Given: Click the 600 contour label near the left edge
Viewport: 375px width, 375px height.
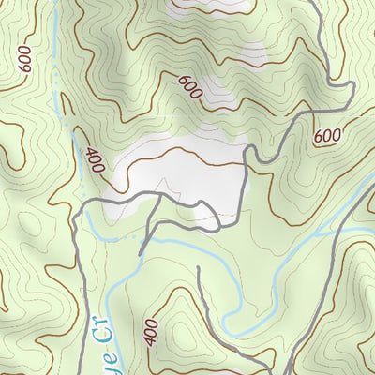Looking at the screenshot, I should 22,59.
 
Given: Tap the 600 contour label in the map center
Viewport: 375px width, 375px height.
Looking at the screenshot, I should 189,87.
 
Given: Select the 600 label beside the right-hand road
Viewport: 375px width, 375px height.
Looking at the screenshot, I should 327,136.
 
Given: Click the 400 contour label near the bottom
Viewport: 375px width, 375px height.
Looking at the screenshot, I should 151,332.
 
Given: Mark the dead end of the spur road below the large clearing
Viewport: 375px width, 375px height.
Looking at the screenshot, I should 141,253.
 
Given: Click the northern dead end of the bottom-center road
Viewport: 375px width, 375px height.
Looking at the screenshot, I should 199,267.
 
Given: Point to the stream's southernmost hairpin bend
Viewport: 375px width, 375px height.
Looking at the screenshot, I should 232,309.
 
